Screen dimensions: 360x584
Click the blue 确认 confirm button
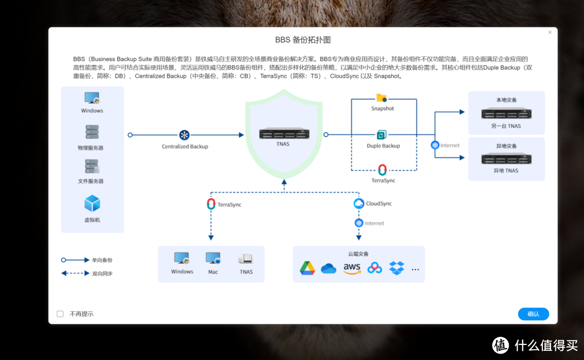point(533,314)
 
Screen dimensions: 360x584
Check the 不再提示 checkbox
point(60,314)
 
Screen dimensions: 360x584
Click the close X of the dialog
point(550,32)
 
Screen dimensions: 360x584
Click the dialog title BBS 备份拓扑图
point(303,40)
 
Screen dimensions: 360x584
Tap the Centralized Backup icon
point(184,135)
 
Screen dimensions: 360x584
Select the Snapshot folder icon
point(382,98)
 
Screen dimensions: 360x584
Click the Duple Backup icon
point(382,135)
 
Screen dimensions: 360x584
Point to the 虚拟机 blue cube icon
point(92,204)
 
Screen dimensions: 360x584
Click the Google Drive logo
point(308,268)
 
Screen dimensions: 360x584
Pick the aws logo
point(351,268)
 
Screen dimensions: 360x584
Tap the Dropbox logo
point(397,268)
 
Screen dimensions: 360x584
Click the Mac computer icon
point(213,258)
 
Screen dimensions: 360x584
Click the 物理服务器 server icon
point(92,132)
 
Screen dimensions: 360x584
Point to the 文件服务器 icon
point(92,166)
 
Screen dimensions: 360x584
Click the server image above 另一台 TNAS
point(506,114)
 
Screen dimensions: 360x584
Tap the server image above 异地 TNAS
point(506,158)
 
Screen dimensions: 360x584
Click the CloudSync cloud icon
point(359,203)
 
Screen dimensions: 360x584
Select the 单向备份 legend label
point(103,260)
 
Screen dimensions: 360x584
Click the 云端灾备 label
point(359,254)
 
